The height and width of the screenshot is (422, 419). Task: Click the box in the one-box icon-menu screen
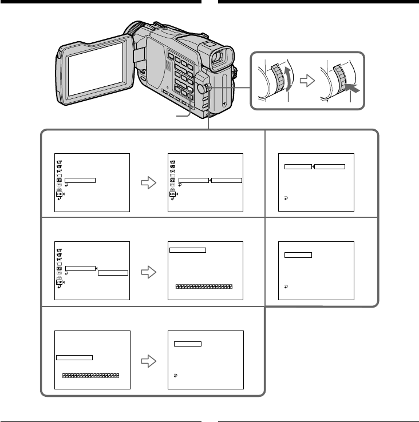(x=80, y=180)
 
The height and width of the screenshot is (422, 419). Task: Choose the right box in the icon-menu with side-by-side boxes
(x=227, y=180)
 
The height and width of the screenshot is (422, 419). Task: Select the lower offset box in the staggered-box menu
(x=113, y=273)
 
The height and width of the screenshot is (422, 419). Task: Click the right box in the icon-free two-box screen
(x=330, y=166)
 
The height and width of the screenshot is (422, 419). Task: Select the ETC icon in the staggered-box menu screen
(x=59, y=282)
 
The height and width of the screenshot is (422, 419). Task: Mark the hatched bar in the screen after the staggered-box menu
(x=204, y=286)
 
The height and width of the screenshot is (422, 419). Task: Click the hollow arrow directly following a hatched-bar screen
(x=149, y=360)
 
